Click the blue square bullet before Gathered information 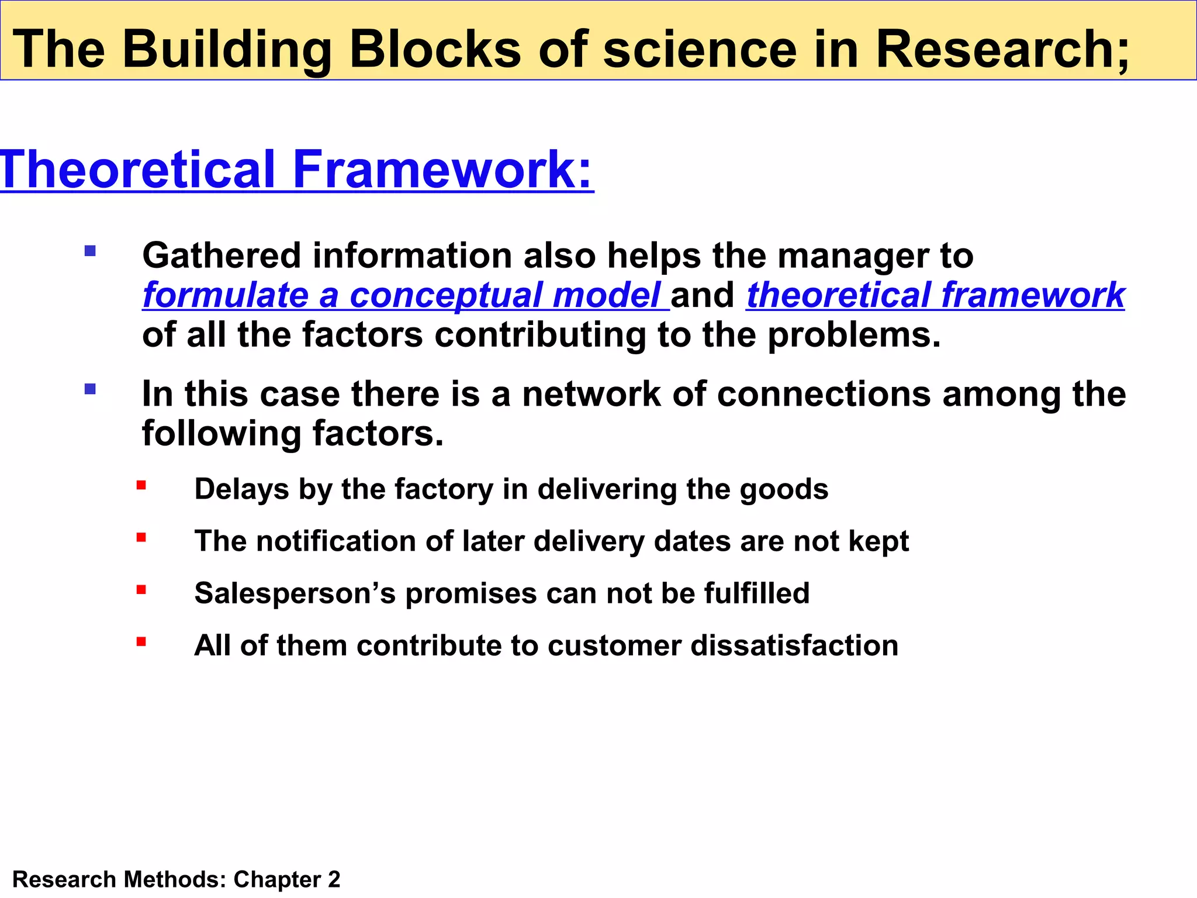[90, 251]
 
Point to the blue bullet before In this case [90, 389]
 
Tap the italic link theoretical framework [935, 295]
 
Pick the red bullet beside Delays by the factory [141, 485]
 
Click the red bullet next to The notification [141, 537]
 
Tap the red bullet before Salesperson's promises [141, 590]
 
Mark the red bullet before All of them [141, 642]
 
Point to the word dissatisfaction [794, 645]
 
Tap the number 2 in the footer [334, 879]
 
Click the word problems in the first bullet [853, 336]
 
